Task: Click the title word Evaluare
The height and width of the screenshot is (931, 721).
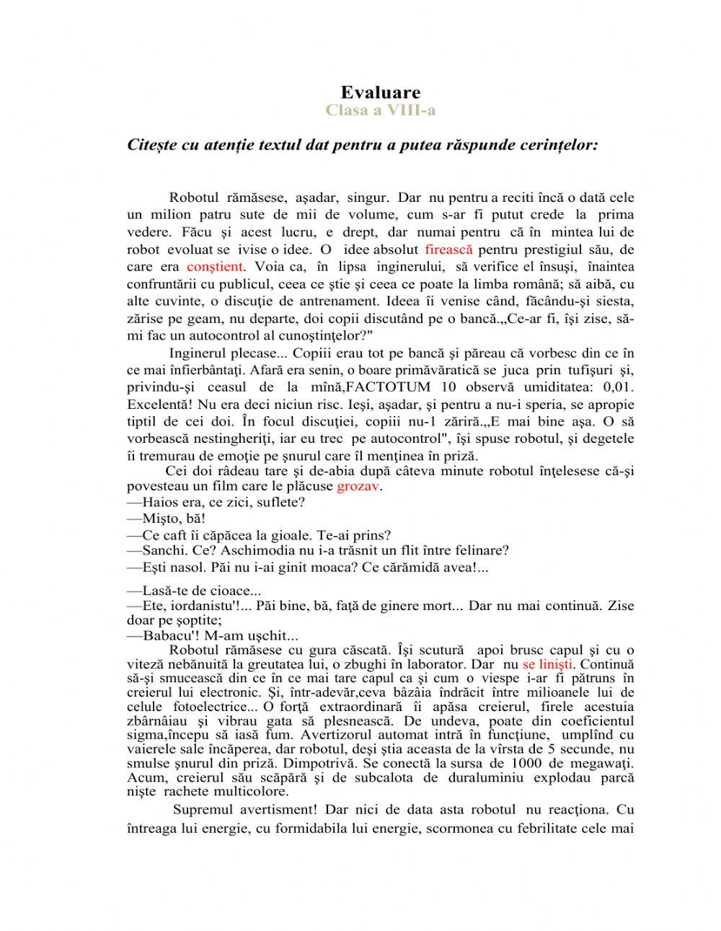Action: click(380, 92)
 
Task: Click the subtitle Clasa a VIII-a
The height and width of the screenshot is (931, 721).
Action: click(380, 110)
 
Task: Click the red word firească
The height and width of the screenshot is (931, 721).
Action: click(448, 250)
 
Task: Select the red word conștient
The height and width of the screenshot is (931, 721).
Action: click(214, 267)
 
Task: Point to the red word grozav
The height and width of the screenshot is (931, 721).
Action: click(358, 486)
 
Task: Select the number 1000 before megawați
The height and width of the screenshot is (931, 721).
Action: click(530, 763)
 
